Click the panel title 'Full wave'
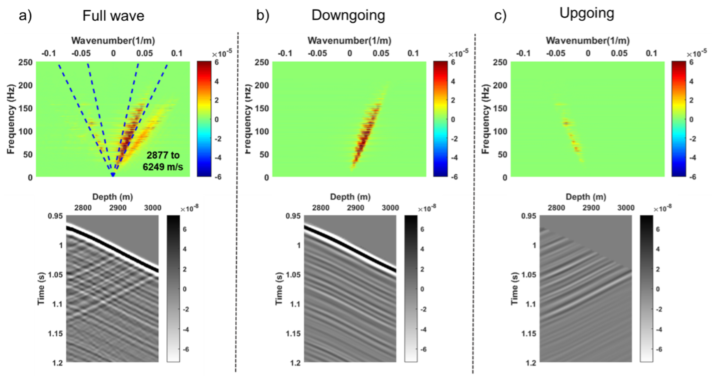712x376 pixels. [x=113, y=15]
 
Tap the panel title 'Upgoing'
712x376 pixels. [x=587, y=13]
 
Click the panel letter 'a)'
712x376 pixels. [x=25, y=15]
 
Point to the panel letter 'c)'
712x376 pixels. [x=500, y=15]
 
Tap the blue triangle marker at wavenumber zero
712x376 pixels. [x=113, y=174]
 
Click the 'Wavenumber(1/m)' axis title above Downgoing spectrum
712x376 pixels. [x=349, y=41]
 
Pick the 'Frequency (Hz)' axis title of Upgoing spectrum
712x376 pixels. [x=486, y=119]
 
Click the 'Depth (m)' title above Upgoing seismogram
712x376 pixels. [x=586, y=197]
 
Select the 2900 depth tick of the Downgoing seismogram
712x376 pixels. [x=355, y=208]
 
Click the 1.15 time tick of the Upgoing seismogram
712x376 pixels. [x=528, y=334]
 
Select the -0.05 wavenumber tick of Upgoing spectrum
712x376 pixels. [x=556, y=53]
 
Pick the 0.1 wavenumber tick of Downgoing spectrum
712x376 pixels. [x=413, y=53]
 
